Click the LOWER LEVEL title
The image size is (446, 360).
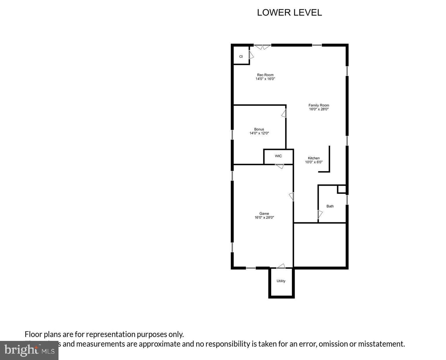(x=289, y=12)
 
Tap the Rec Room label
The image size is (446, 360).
(x=265, y=75)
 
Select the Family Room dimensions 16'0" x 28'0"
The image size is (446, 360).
(x=319, y=109)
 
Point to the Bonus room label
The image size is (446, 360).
(x=259, y=129)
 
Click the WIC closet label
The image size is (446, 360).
(x=278, y=156)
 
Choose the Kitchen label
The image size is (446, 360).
(x=314, y=158)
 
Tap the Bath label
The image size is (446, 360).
(x=330, y=206)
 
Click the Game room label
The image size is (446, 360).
(x=264, y=214)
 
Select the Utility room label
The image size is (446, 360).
(x=281, y=281)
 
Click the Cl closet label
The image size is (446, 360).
(x=241, y=57)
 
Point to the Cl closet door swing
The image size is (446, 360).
(x=251, y=55)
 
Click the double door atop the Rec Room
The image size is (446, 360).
(x=262, y=47)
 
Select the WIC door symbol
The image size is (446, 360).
(x=279, y=166)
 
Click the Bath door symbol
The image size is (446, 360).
(x=320, y=214)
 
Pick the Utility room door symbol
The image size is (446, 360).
(x=281, y=266)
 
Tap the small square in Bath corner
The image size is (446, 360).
(x=341, y=189)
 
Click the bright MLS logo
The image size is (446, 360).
(x=29, y=350)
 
